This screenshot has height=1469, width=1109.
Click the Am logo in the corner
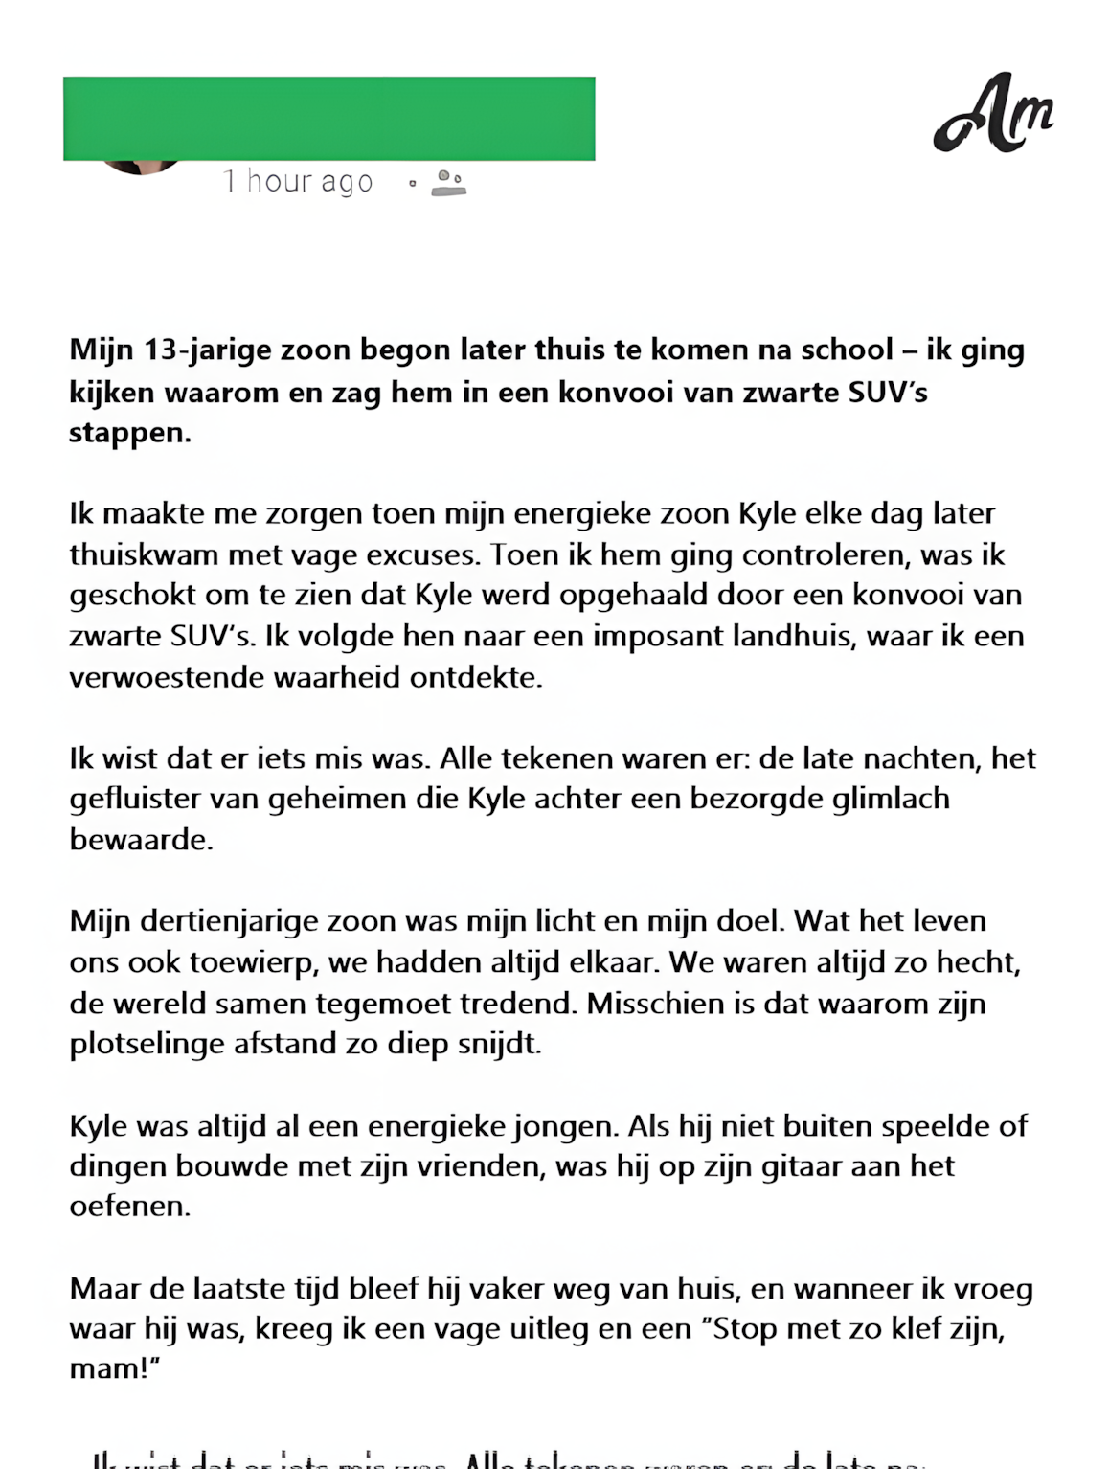tap(993, 113)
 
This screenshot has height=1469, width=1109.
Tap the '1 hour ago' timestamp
tap(298, 181)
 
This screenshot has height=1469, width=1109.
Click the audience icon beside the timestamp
tap(448, 182)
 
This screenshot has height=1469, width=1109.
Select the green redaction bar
tap(328, 118)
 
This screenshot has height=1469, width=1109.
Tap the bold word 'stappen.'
tap(130, 433)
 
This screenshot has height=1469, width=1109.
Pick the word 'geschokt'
tap(130, 596)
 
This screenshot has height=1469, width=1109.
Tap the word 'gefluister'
tap(135, 799)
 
